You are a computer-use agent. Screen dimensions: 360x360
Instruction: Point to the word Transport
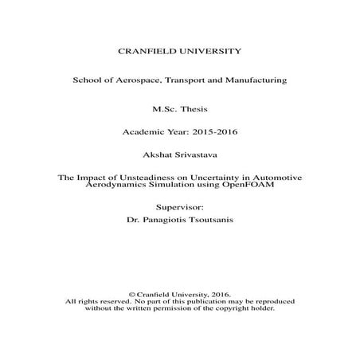199,80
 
